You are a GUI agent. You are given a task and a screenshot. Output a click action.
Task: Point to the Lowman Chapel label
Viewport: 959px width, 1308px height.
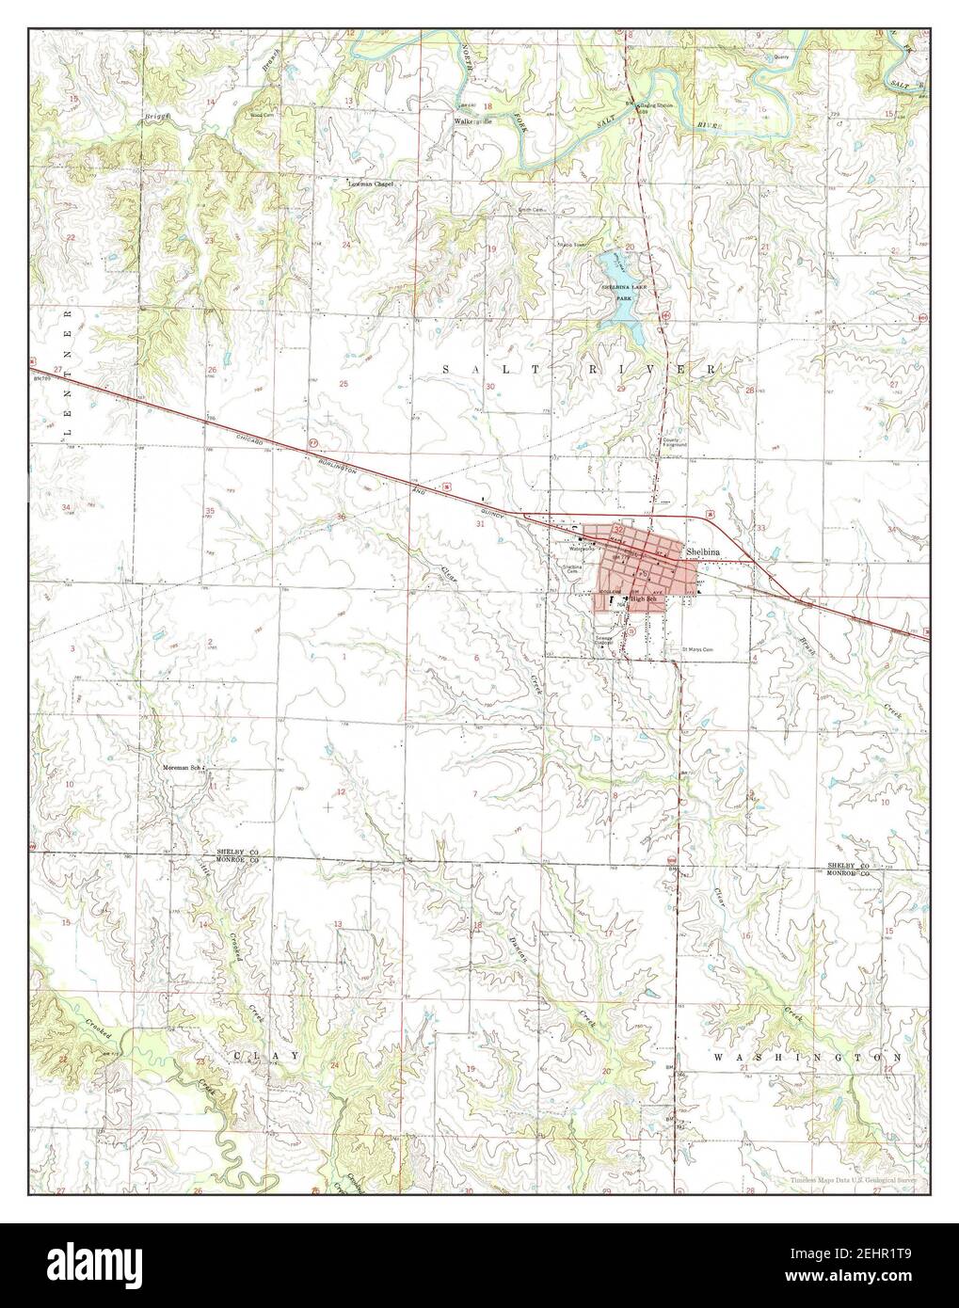pyautogui.click(x=371, y=184)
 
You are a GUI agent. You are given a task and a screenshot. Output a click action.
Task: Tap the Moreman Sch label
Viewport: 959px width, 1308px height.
pyautogui.click(x=183, y=768)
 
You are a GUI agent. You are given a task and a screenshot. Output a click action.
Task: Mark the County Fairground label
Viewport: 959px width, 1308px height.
pyautogui.click(x=675, y=441)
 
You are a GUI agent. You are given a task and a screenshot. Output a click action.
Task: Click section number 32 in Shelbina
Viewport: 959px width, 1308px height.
pyautogui.click(x=618, y=531)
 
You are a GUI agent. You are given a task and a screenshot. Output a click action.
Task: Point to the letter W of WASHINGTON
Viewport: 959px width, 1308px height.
pyautogui.click(x=718, y=1058)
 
